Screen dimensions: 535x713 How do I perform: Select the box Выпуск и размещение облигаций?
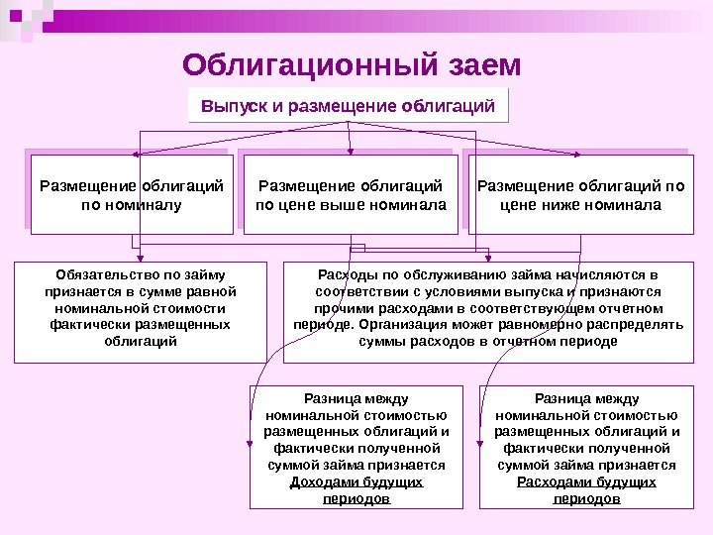[348, 105]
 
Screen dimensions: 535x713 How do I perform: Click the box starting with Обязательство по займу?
[141, 310]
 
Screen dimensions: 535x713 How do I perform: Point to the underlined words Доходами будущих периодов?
[356, 490]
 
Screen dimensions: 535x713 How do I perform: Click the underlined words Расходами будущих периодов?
[585, 490]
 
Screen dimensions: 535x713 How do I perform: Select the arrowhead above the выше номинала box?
[348, 151]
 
